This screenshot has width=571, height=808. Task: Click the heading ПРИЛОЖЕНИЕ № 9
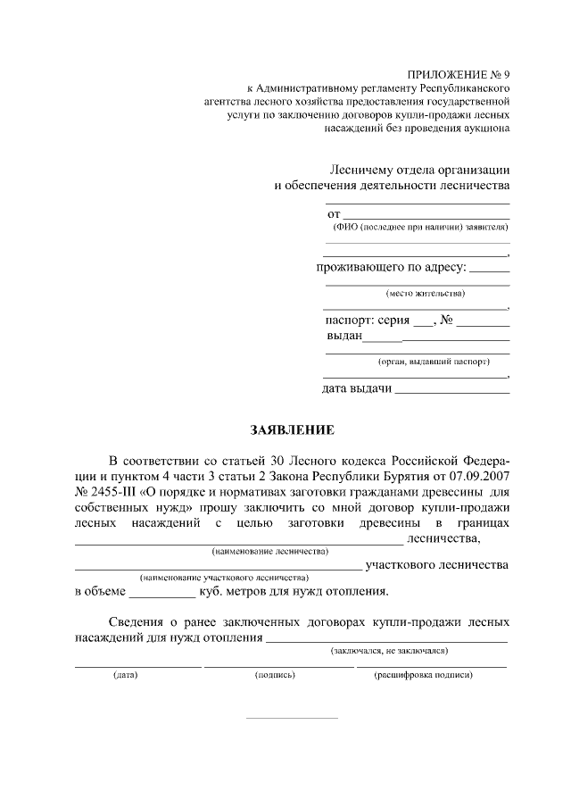(459, 74)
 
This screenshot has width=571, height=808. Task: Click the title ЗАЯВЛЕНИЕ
(292, 430)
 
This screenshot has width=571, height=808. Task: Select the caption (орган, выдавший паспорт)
(434, 362)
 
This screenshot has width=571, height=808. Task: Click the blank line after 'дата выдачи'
(451, 390)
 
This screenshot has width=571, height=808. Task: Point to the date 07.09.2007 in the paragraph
(480, 476)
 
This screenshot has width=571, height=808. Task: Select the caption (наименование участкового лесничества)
(224, 578)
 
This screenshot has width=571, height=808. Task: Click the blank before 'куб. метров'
(161, 592)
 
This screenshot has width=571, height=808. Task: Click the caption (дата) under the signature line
(125, 676)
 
